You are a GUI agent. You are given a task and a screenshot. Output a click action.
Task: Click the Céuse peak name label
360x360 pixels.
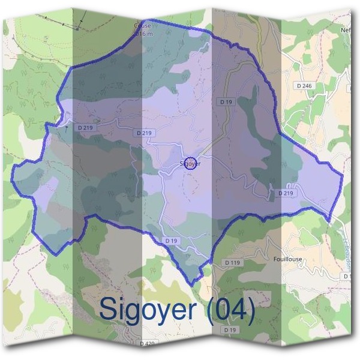pyautogui.click(x=143, y=26)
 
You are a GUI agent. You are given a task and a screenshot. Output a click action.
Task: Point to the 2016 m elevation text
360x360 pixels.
pyautogui.click(x=143, y=34)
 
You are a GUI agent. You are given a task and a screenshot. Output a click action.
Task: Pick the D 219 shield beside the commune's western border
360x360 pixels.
pyautogui.click(x=85, y=127)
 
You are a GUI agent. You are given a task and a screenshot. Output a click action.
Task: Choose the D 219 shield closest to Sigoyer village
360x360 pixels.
pyautogui.click(x=145, y=133)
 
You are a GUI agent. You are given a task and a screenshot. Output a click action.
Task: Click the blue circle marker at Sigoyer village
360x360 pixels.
pyautogui.click(x=190, y=163)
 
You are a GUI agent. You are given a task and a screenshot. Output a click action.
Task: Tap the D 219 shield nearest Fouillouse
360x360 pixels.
pyautogui.click(x=286, y=193)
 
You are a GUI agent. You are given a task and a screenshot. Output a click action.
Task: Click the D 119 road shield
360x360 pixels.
pyautogui.click(x=232, y=263)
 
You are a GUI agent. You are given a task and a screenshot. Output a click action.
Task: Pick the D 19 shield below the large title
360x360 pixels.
pyautogui.click(x=229, y=330)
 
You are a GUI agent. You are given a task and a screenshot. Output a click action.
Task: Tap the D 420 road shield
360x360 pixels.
pyautogui.click(x=147, y=344)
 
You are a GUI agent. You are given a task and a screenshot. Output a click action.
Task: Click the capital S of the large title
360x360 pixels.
pyautogui.click(x=107, y=309)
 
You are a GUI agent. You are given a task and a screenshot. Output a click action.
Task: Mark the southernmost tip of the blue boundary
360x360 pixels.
pyautogui.click(x=191, y=284)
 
